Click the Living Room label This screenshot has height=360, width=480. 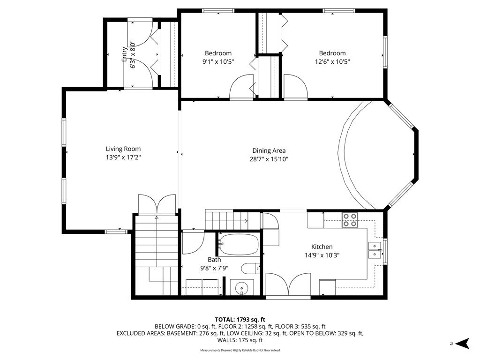coord(123,149)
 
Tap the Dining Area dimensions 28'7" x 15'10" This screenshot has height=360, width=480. coord(269,159)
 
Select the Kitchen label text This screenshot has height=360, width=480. coord(322,247)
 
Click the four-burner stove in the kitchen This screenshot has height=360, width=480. coord(350,220)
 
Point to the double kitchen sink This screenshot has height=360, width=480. coord(375,250)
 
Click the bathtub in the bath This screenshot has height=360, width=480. coord(239,244)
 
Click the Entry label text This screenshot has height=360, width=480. coord(124,54)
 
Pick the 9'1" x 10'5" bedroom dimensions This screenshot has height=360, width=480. coord(218,61)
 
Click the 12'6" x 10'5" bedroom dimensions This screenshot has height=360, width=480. coord(332,61)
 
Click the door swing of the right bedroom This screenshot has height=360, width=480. coord(295,87)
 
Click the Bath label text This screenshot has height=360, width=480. coord(214,260)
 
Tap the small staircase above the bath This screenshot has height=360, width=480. coord(226,218)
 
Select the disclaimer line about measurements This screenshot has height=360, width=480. coord(240,350)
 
